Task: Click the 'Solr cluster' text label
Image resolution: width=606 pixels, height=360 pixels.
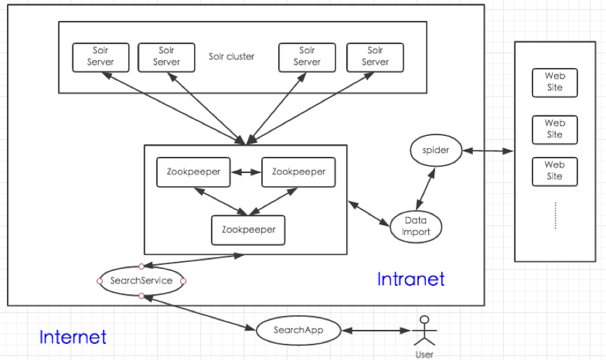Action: tap(231, 56)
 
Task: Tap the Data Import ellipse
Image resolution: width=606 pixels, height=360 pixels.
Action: tap(416, 226)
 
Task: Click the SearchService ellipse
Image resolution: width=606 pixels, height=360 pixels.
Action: tap(141, 281)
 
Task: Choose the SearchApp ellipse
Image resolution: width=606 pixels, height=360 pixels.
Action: tap(298, 330)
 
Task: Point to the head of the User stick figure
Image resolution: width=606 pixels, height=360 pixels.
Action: tap(423, 320)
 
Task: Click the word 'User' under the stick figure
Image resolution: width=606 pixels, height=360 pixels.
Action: tap(424, 354)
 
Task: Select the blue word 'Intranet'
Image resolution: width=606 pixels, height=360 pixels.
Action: tap(411, 279)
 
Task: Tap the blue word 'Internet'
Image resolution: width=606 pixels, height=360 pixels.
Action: tap(73, 337)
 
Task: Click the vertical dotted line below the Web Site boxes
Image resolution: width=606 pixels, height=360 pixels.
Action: tap(554, 215)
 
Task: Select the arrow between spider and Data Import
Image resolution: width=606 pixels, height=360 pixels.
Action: tap(424, 188)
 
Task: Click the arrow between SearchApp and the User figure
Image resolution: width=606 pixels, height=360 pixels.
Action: tap(375, 330)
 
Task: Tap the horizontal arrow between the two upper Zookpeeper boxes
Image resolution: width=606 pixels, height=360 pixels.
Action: tap(245, 171)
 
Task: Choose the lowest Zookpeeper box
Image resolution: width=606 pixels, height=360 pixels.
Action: tap(248, 230)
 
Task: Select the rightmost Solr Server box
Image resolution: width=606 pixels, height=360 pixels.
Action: tap(375, 57)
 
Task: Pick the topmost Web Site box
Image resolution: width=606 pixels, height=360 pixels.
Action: tap(554, 82)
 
